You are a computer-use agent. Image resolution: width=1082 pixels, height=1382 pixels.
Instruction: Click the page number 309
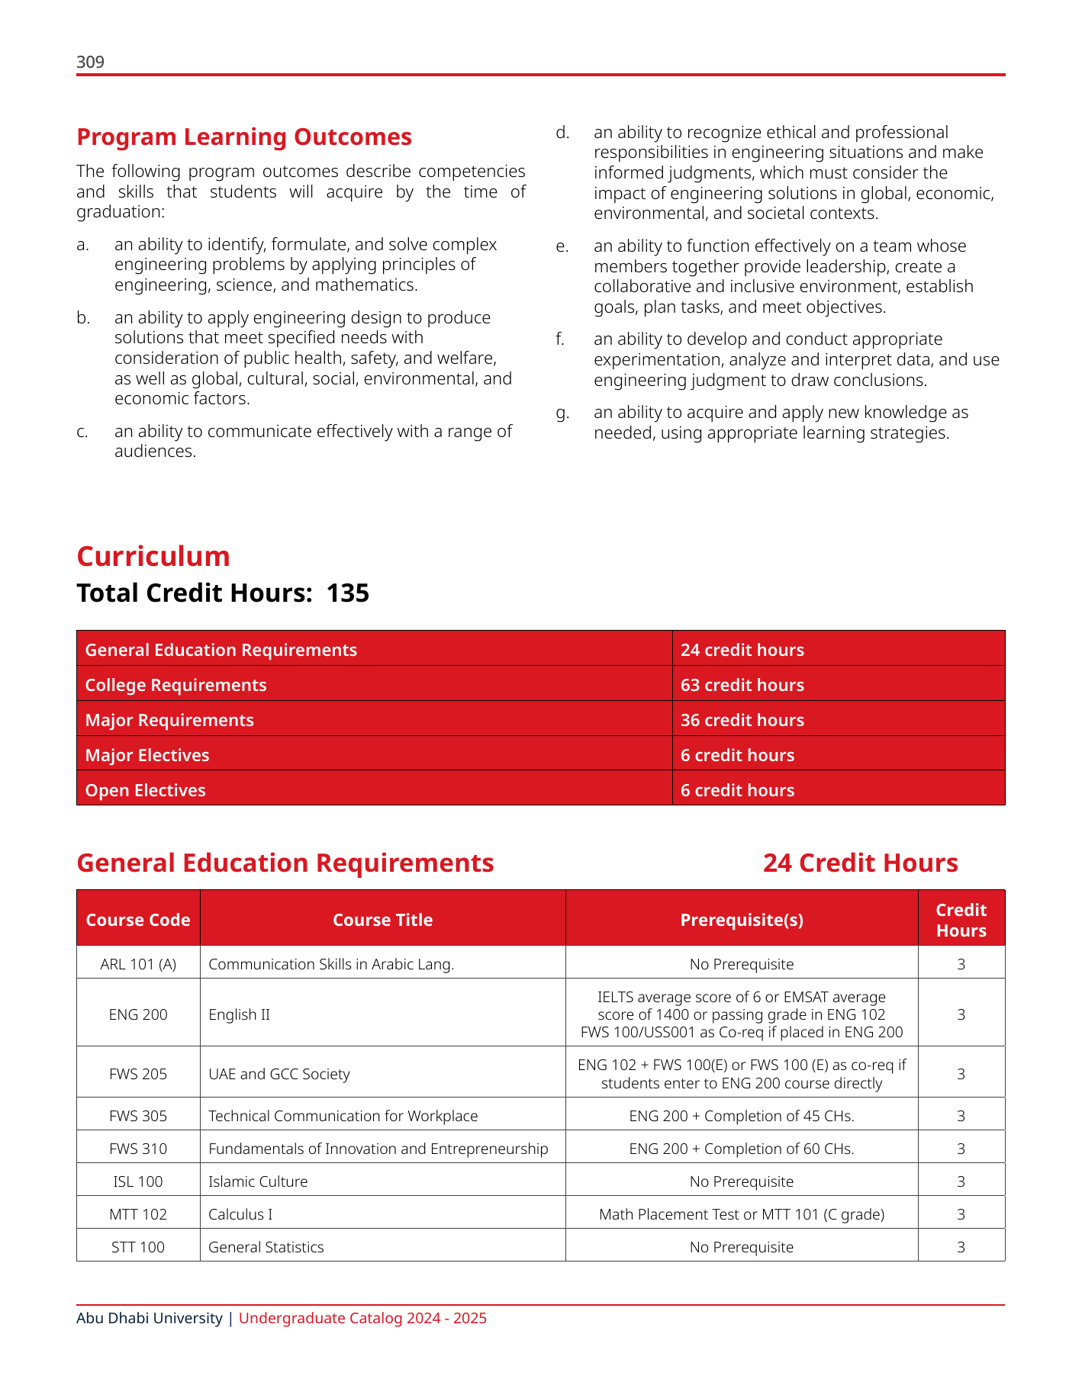point(90,62)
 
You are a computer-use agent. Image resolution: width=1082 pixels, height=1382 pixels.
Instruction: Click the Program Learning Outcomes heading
point(244,137)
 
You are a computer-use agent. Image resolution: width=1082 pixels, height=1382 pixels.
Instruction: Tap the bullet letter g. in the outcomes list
point(562,413)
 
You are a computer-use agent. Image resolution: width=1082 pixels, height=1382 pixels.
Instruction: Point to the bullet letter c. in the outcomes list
point(82,432)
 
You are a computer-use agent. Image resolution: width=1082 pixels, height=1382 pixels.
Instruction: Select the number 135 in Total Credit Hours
point(348,593)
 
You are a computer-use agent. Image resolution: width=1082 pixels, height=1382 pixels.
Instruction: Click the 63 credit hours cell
point(742,685)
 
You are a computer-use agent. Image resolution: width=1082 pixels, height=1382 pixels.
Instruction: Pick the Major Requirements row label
point(169,720)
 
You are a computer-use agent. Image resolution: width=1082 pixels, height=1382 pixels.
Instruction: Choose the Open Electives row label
point(145,790)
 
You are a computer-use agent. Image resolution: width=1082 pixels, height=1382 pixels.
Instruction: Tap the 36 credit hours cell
point(742,720)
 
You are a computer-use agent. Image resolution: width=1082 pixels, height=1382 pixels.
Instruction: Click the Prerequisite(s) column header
point(742,920)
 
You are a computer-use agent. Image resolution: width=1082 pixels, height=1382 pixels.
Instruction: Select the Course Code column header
point(138,920)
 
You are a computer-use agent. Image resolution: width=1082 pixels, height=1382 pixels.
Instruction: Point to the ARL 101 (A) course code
point(138,964)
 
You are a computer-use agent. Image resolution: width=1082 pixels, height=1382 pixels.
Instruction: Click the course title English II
point(239,1014)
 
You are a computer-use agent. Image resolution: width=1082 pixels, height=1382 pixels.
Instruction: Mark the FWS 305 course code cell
point(138,1116)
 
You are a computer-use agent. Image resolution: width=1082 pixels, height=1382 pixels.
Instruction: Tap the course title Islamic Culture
point(258,1181)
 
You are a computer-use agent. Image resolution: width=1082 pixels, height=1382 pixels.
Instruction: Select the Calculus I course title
point(240,1214)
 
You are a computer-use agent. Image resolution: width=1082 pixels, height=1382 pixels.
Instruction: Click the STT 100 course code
point(138,1247)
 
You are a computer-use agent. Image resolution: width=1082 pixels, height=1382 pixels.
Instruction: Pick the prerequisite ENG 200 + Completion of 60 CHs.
point(742,1149)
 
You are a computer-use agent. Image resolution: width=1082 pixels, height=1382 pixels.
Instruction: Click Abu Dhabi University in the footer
point(150,1318)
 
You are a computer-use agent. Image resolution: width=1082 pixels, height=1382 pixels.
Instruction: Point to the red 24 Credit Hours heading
point(860,863)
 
